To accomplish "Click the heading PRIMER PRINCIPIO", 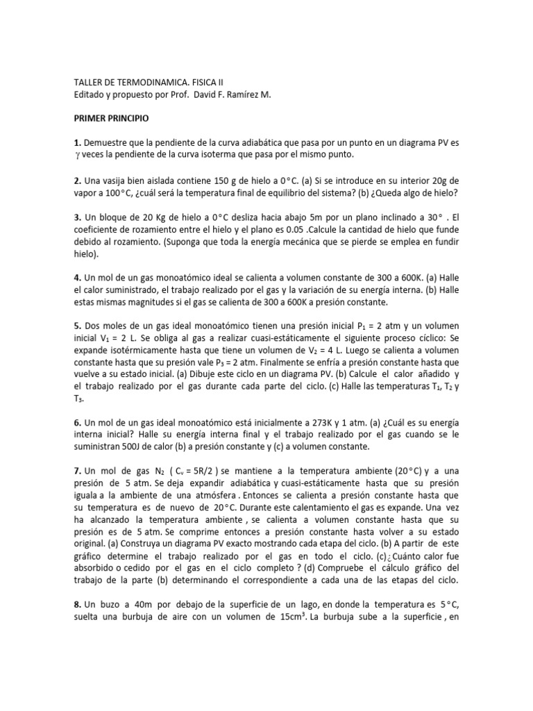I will tap(115, 119).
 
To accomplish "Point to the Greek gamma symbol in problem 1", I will tap(78, 154).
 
